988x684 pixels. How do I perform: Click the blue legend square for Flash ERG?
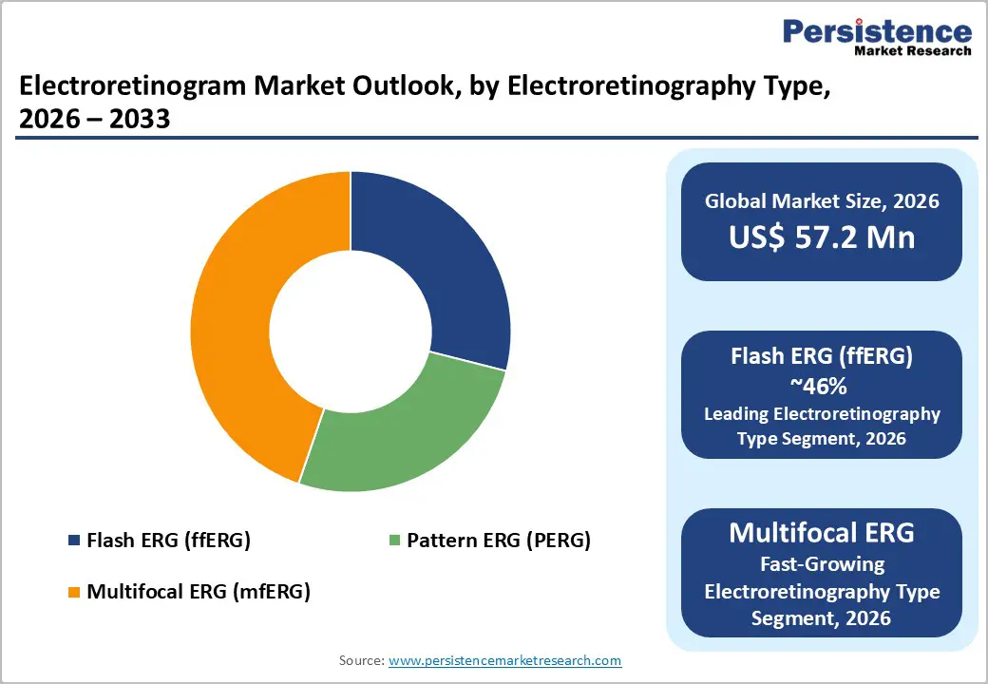click(74, 541)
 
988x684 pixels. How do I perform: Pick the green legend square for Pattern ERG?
click(394, 541)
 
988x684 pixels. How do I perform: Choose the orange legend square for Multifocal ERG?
click(74, 592)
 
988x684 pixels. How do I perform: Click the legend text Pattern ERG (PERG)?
click(499, 541)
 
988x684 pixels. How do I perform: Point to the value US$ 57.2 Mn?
click(822, 237)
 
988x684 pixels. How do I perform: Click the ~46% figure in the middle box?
click(822, 386)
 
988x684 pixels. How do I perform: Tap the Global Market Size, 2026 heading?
click(822, 200)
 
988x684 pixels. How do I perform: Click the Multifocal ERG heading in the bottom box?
click(822, 533)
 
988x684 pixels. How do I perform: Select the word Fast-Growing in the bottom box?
click(822, 564)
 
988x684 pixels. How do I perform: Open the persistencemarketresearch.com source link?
click(505, 660)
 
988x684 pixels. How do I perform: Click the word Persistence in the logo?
click(877, 31)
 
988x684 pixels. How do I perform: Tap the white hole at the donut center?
click(351, 332)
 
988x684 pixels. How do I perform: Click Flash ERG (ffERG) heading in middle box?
click(822, 357)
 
